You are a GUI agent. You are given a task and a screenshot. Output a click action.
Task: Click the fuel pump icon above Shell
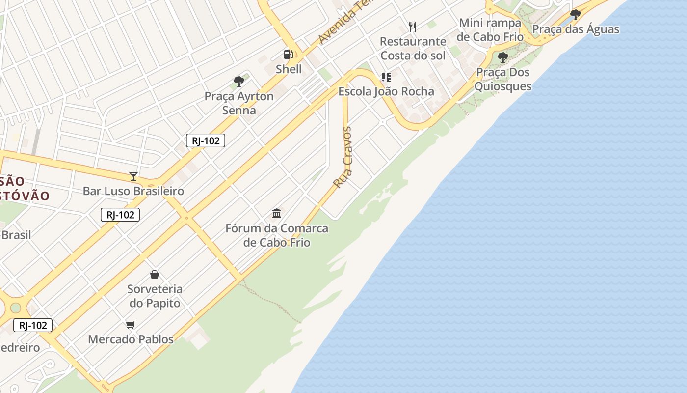tap(288, 55)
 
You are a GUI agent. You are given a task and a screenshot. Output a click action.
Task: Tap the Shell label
tap(289, 69)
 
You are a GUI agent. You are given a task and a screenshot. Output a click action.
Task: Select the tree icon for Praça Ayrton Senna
tap(239, 82)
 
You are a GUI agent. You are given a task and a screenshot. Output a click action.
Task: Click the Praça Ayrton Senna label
tap(239, 103)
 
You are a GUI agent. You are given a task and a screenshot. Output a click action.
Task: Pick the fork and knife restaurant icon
tap(413, 27)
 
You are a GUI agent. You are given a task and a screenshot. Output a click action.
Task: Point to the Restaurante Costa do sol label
tap(413, 48)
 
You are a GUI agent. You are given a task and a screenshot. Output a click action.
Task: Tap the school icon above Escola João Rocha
tap(386, 77)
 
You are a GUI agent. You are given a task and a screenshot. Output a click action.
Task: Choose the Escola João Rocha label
tap(386, 91)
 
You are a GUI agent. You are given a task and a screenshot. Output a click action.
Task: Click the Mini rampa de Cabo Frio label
tap(490, 30)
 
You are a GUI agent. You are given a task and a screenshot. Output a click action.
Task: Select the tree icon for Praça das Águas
tap(576, 15)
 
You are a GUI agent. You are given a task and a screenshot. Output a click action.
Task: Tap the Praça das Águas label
tap(576, 29)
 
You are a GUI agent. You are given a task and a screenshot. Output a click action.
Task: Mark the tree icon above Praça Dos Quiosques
tap(503, 57)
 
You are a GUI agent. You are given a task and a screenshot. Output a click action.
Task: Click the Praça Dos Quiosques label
tap(503, 79)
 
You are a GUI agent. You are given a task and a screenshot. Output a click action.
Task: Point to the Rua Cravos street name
tap(343, 157)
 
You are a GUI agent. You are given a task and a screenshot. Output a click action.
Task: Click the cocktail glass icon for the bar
tap(133, 176)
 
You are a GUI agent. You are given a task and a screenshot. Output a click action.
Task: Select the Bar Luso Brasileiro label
tap(133, 191)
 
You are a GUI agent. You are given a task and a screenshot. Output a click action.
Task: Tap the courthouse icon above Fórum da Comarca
tap(277, 214)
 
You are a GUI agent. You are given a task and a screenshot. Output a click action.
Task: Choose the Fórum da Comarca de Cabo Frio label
tap(277, 235)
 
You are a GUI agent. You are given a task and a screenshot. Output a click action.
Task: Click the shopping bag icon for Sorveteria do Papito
tap(155, 275)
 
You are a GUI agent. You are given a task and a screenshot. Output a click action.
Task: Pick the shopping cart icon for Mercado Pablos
tap(131, 325)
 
